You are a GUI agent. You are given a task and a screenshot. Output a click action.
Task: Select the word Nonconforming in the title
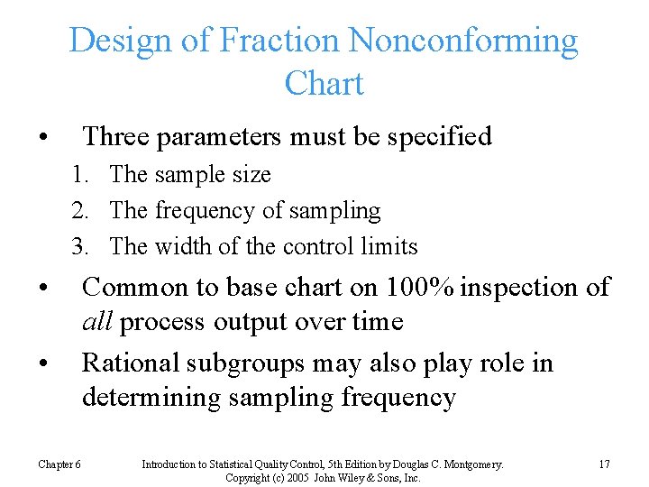tap(463, 41)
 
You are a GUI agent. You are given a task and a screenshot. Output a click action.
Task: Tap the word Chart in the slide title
tap(324, 84)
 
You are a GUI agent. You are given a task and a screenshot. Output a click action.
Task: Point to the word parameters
tap(221, 137)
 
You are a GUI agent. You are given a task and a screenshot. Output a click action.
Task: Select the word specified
tap(441, 137)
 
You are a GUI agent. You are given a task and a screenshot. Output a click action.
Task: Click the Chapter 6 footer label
tap(59, 464)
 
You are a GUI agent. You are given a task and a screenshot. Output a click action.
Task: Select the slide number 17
tap(603, 464)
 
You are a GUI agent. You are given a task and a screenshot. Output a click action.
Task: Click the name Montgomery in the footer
tap(467, 464)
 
